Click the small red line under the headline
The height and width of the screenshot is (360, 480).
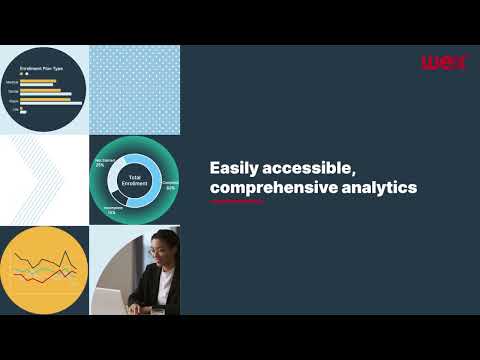(x=237, y=201)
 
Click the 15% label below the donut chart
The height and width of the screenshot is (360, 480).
(x=110, y=211)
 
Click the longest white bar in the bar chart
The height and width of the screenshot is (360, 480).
(x=44, y=96)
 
